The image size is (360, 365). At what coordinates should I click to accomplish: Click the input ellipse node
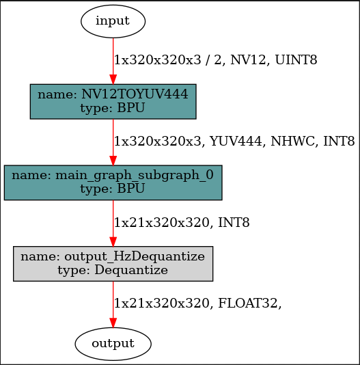(x=113, y=21)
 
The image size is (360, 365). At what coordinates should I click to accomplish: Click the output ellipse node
(x=113, y=342)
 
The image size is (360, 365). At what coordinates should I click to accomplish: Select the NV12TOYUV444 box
(x=113, y=101)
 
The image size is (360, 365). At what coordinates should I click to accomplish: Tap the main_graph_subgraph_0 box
(x=113, y=182)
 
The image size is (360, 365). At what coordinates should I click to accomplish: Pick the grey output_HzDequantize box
(x=113, y=263)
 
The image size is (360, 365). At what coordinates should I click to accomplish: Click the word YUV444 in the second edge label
(x=233, y=141)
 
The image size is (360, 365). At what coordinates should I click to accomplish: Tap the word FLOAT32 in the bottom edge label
(x=249, y=303)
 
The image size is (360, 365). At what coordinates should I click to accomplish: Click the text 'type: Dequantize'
(x=113, y=270)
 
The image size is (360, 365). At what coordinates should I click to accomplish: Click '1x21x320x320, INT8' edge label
(x=182, y=223)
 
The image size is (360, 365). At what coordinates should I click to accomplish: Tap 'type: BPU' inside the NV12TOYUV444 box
(x=113, y=108)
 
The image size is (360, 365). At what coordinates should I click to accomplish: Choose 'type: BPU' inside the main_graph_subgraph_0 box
(x=113, y=189)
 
